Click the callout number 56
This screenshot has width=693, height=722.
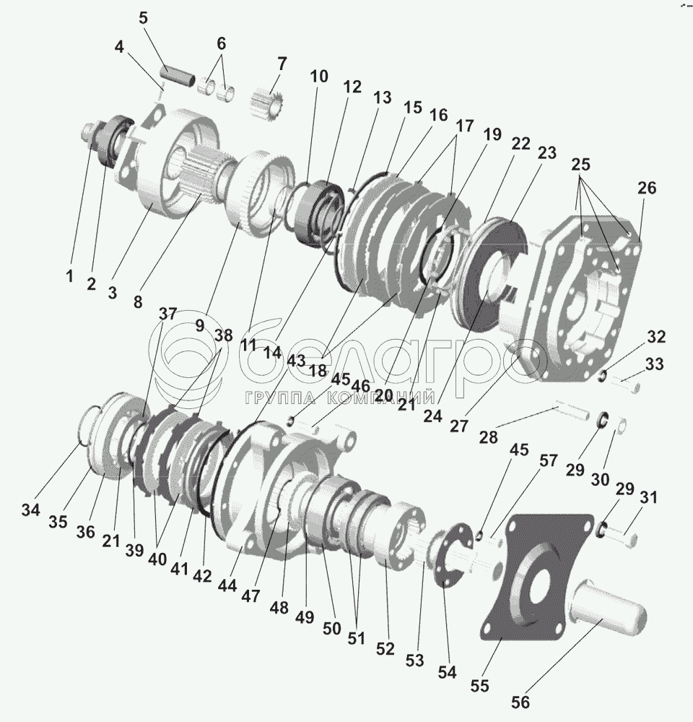520,702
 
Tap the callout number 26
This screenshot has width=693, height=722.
646,188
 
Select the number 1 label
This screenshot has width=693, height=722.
69,276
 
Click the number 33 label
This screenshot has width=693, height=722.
654,365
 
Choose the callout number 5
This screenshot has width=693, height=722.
143,17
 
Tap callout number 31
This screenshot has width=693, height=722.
649,497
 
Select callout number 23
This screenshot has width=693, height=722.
546,153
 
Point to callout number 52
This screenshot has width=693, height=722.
385,648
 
